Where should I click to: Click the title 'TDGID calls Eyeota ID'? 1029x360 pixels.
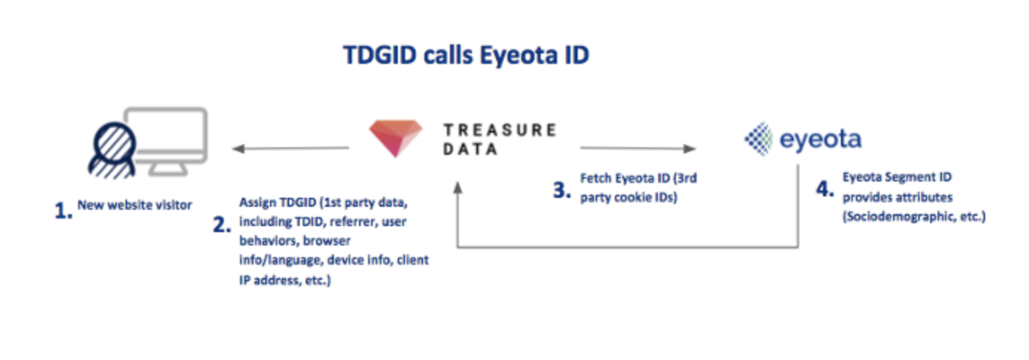[x=465, y=56]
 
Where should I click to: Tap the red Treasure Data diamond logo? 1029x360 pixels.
[x=396, y=138]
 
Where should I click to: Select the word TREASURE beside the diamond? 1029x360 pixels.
[x=499, y=130]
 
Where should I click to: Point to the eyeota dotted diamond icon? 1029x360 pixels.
[x=761, y=139]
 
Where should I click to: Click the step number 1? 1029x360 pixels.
[x=63, y=211]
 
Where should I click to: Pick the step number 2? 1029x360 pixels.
[x=222, y=224]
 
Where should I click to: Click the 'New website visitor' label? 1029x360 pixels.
[x=135, y=205]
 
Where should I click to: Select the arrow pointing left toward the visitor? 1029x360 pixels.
[x=290, y=149]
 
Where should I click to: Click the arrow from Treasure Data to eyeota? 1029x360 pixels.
[x=638, y=149]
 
